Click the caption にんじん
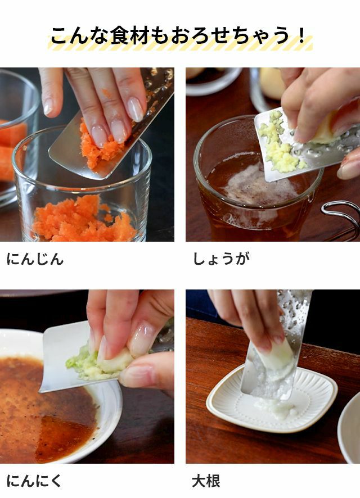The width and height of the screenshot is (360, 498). pyautogui.click(x=35, y=259)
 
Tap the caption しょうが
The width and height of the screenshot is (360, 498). pyautogui.click(x=222, y=259)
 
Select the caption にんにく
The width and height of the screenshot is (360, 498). pyautogui.click(x=34, y=481)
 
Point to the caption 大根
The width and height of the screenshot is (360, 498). pyautogui.click(x=206, y=481)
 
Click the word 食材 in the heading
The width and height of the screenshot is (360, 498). pyautogui.click(x=129, y=35)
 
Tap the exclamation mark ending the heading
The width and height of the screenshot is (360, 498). pyautogui.click(x=301, y=35)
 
